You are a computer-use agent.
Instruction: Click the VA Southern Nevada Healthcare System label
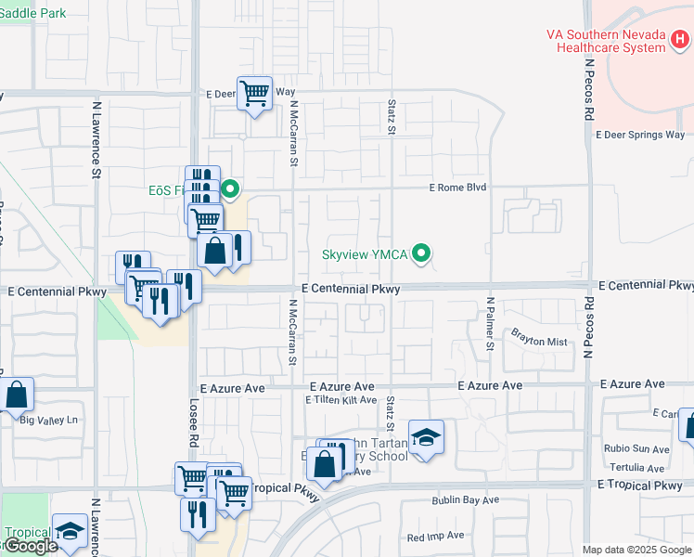click(606, 40)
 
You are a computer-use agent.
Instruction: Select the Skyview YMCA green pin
click(422, 253)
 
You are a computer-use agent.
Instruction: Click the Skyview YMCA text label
click(366, 253)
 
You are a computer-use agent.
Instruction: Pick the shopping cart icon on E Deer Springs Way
click(254, 93)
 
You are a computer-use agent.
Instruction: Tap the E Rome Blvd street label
click(457, 187)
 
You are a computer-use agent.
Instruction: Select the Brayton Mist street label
click(539, 342)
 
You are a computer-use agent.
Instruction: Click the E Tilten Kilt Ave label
click(341, 400)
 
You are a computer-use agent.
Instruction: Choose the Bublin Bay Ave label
click(466, 499)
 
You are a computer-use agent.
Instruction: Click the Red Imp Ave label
click(435, 536)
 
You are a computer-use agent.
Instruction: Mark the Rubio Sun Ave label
click(635, 449)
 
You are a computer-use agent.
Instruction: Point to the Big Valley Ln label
click(48, 420)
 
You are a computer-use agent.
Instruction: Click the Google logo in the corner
click(30, 547)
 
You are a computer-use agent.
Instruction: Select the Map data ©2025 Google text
click(636, 550)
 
